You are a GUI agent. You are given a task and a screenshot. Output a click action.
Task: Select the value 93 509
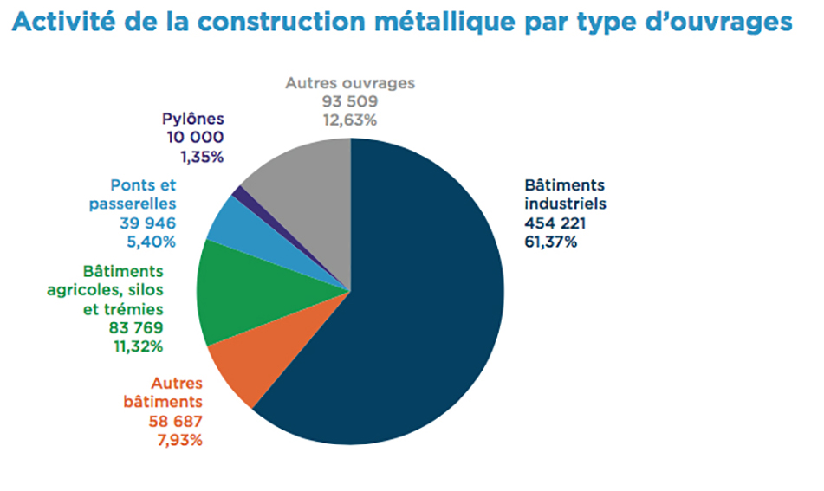(x=350, y=101)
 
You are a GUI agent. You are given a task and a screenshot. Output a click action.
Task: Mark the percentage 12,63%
(x=350, y=120)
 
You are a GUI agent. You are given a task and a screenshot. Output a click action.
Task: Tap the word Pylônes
(x=194, y=120)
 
